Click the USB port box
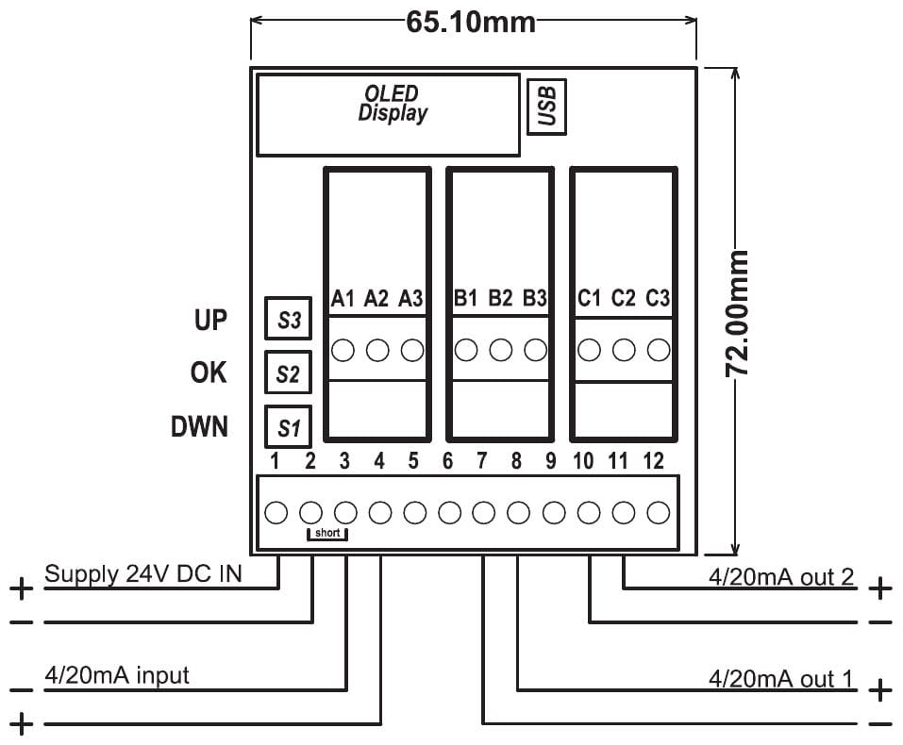(547, 106)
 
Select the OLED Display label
(392, 104)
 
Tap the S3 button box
(289, 321)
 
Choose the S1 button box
(289, 428)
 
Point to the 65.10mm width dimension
(471, 22)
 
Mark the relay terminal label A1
(343, 299)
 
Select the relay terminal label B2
(500, 299)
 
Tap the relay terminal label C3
(658, 299)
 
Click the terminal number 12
(653, 461)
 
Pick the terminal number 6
(447, 461)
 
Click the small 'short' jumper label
(328, 534)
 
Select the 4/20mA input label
(117, 675)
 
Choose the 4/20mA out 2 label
(781, 577)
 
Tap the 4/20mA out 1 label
(781, 679)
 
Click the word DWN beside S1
(199, 427)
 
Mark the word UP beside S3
(210, 320)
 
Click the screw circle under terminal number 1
(276, 513)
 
